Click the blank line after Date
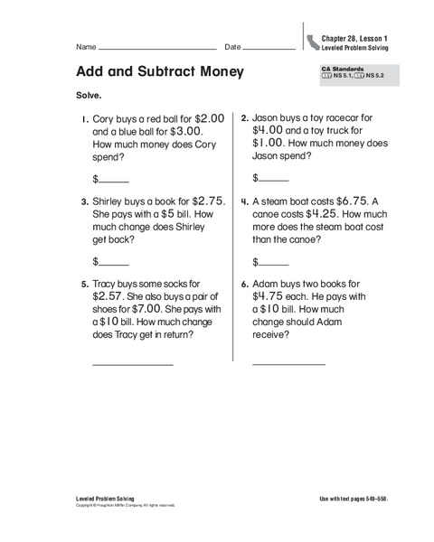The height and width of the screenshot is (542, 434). pyautogui.click(x=269, y=47)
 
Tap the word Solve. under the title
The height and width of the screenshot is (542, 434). pyautogui.click(x=80, y=95)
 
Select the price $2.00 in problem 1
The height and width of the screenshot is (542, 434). pyautogui.click(x=208, y=117)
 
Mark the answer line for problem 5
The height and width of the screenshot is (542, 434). pyautogui.click(x=133, y=364)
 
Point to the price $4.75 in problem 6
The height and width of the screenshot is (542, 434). pyautogui.click(x=270, y=295)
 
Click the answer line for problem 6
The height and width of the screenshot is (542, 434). pyautogui.click(x=288, y=364)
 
